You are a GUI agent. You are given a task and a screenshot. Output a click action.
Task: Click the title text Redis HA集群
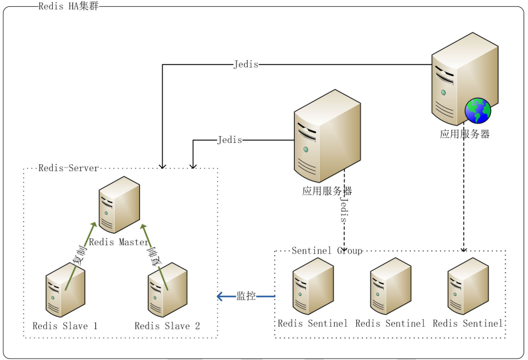pyautogui.click(x=68, y=7)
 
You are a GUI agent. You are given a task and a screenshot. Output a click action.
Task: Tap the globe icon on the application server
pyautogui.click(x=477, y=111)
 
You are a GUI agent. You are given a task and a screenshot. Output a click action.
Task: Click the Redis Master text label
pyautogui.click(x=119, y=242)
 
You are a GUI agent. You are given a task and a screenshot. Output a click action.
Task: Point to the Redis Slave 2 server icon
pyautogui.click(x=167, y=290)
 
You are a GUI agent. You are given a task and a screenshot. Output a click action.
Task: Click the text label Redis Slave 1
pyautogui.click(x=65, y=326)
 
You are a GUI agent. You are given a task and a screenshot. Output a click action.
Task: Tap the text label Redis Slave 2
pyautogui.click(x=167, y=326)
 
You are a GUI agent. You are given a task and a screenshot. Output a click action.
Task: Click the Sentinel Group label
pyautogui.click(x=327, y=251)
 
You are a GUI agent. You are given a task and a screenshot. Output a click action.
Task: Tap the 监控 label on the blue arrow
pyautogui.click(x=246, y=296)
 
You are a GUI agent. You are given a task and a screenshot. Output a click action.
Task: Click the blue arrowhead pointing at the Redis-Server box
pyautogui.click(x=221, y=296)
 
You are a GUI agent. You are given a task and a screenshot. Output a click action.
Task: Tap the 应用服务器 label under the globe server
pyautogui.click(x=465, y=134)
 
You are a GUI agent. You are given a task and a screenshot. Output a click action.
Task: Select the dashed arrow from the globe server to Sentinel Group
pyautogui.click(x=464, y=194)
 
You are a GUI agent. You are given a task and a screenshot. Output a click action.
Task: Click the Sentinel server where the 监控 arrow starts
pyautogui.click(x=312, y=285)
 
